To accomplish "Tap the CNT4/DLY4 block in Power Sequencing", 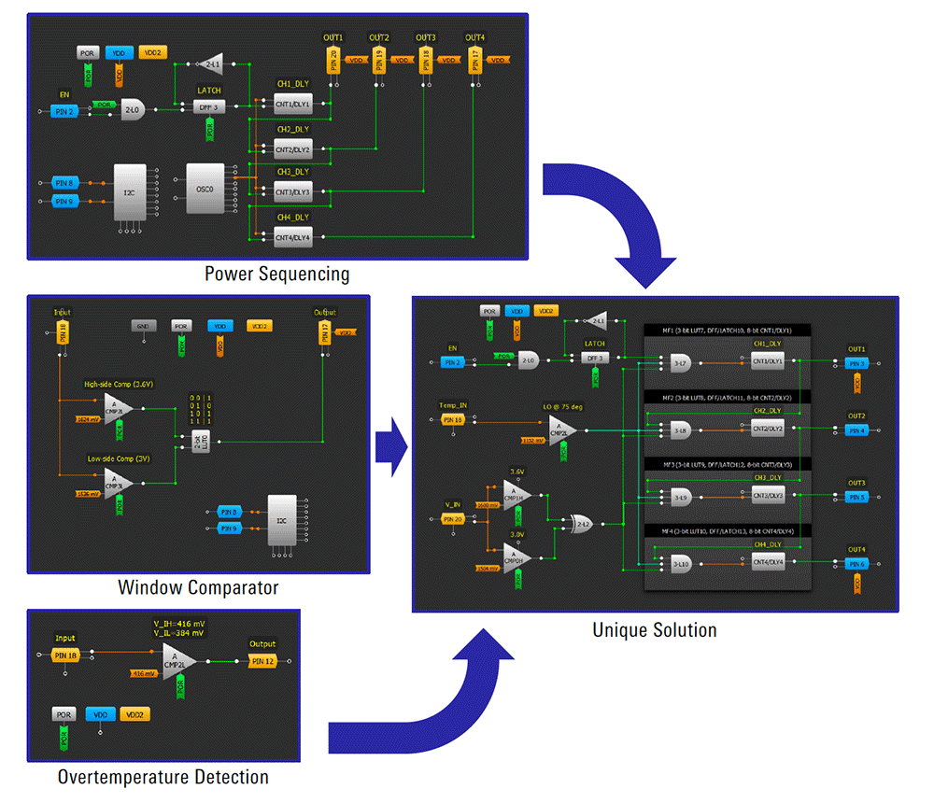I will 292,237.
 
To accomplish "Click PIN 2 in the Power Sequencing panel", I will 64,112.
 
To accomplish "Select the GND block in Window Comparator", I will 143,327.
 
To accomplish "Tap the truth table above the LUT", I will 198,409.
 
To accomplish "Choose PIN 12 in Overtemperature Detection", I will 262,662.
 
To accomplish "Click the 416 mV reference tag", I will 141,672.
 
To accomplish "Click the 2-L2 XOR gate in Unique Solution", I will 581,524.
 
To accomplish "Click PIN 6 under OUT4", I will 856,564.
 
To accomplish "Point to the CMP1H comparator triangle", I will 517,492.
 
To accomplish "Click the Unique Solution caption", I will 655,630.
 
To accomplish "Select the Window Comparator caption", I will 198,587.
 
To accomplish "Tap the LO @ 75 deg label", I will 564,406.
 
